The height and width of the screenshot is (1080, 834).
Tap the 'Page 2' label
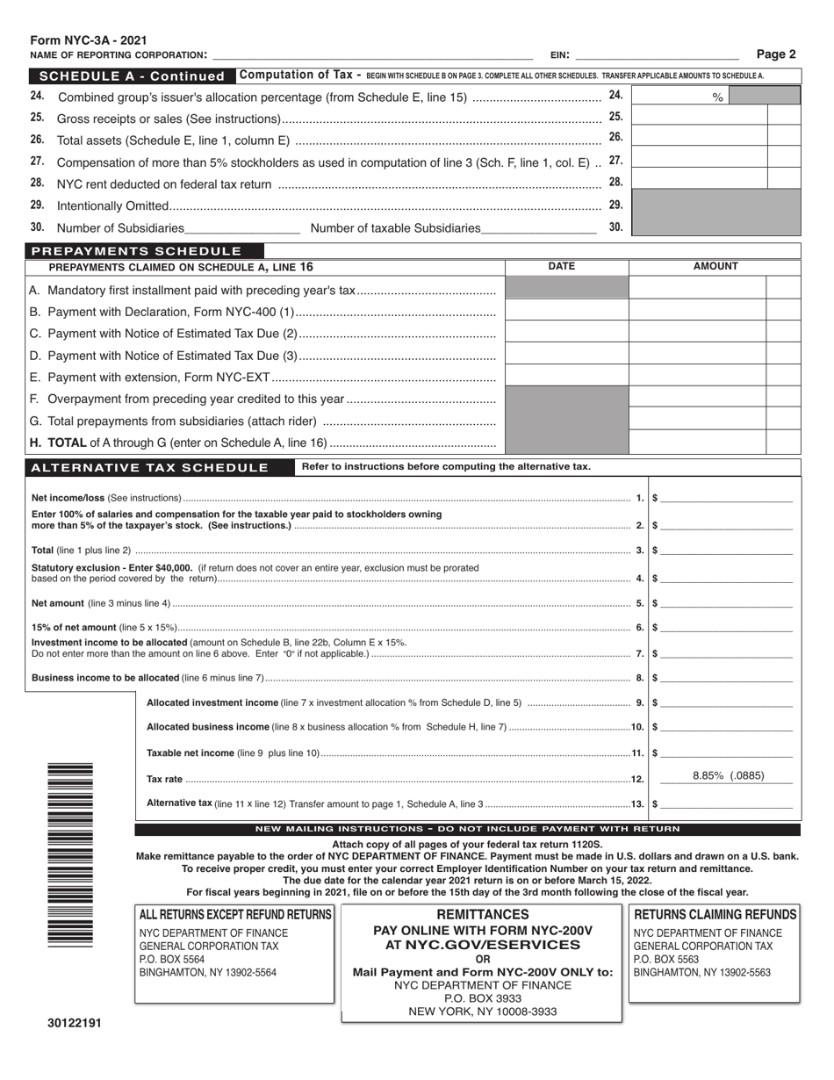pos(777,54)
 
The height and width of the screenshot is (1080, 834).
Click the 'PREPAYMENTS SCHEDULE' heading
pos(136,251)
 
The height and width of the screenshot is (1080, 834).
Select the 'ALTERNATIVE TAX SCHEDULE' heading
pos(149,467)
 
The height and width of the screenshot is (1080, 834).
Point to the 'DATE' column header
pos(561,267)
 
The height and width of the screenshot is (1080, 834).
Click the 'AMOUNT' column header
pos(715,267)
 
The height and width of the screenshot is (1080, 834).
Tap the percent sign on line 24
pos(717,98)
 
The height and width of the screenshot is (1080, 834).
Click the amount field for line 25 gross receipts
pos(699,116)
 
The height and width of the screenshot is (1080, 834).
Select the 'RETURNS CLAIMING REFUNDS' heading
pos(715,915)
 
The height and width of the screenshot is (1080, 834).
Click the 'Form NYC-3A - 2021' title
pos(89,40)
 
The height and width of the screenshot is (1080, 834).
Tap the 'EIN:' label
pos(559,55)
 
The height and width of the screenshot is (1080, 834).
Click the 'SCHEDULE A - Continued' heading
pos(133,76)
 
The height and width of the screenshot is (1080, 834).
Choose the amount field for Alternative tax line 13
pos(727,803)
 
